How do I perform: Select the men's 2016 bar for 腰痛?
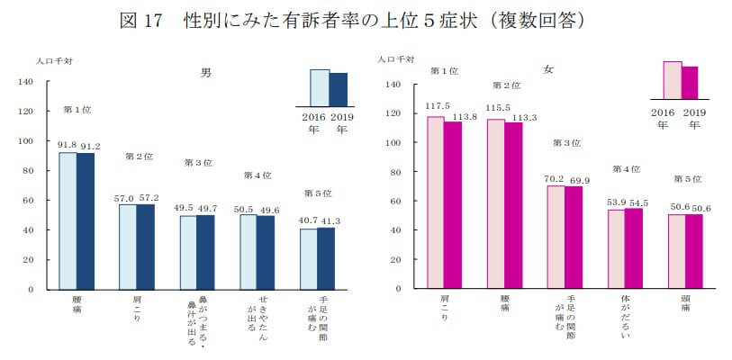pyautogui.click(x=68, y=220)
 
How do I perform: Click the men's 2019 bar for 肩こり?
pyautogui.click(x=144, y=247)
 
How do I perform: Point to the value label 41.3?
pyautogui.click(x=327, y=220)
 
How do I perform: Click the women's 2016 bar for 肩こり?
pyautogui.click(x=436, y=202)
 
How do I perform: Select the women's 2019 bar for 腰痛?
pyautogui.click(x=512, y=206)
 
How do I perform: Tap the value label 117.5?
pyautogui.click(x=437, y=106)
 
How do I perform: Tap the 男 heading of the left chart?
pyautogui.click(x=205, y=71)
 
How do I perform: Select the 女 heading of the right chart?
pyautogui.click(x=548, y=69)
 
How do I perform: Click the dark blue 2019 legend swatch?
pyautogui.click(x=339, y=90)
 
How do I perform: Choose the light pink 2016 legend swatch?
pyautogui.click(x=672, y=79)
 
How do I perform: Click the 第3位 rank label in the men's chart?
pyautogui.click(x=197, y=163)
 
